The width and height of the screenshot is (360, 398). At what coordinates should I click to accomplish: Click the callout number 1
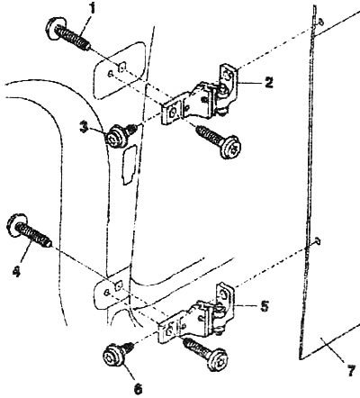click(93, 8)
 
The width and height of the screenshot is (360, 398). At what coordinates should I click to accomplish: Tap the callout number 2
click(269, 82)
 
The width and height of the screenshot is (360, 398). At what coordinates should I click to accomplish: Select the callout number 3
click(85, 127)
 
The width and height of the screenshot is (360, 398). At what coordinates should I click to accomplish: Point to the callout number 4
click(16, 272)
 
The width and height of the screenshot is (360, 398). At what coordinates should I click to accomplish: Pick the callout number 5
click(264, 306)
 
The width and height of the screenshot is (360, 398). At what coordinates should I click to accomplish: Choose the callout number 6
click(138, 388)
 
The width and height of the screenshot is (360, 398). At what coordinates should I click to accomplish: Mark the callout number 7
click(352, 371)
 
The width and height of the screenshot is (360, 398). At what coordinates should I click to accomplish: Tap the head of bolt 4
click(16, 225)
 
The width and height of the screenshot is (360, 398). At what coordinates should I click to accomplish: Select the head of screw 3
click(115, 136)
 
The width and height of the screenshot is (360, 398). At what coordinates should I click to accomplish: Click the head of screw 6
click(112, 357)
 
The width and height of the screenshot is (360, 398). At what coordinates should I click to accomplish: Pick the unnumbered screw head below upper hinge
click(230, 147)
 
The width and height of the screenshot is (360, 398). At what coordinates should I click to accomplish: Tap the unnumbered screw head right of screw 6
click(218, 359)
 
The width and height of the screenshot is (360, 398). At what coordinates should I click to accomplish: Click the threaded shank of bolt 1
click(74, 38)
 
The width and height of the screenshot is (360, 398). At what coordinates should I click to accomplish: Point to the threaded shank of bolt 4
click(33, 235)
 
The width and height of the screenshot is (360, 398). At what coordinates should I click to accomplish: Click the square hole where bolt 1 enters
click(122, 68)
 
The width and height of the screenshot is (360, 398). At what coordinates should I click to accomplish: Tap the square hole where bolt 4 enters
click(119, 286)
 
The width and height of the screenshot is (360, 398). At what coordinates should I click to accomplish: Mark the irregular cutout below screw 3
click(129, 164)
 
